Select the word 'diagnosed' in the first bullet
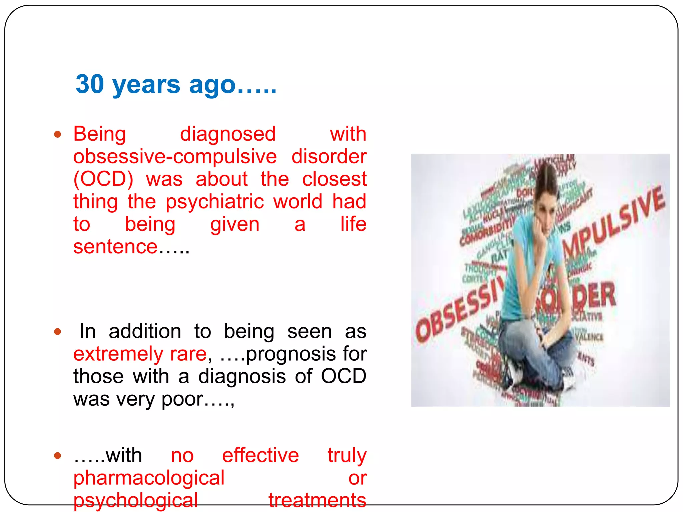pos(228,134)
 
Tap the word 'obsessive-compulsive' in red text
pos(175,156)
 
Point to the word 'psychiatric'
pos(215,202)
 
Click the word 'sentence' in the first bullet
pos(115,247)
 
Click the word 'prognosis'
pos(290,354)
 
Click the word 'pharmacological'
pos(149,478)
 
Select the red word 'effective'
pos(260,455)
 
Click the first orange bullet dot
pos(58,134)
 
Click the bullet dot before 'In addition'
pos(58,332)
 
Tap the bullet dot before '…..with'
pos(58,456)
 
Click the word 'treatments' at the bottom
pos(317,500)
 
